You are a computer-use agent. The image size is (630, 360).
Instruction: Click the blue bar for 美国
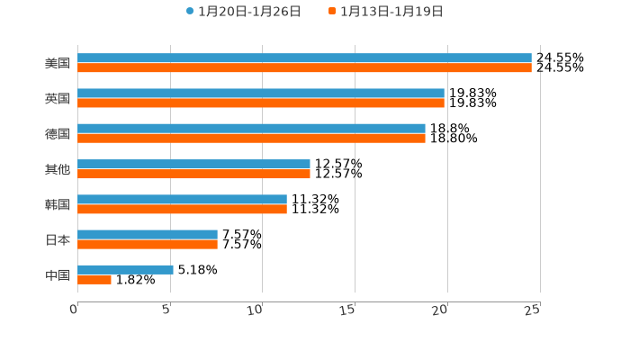coord(304,58)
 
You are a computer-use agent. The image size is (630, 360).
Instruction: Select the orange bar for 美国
coord(304,67)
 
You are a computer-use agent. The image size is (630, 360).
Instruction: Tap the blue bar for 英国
coord(261,93)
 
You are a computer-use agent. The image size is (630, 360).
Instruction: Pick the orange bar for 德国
coord(251,139)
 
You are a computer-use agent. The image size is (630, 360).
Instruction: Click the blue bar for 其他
coord(193,164)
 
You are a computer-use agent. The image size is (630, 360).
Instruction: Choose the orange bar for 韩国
coord(182,209)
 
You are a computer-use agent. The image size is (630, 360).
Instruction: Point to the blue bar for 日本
coord(148,234)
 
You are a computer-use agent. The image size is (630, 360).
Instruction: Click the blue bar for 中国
coord(125,269)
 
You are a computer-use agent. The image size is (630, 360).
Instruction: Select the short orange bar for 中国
coord(94,280)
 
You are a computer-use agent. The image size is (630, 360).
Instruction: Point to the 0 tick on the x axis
coord(75,310)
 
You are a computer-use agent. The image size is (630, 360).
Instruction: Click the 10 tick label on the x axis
coord(256,310)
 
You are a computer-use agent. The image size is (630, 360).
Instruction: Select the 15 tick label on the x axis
coord(348,310)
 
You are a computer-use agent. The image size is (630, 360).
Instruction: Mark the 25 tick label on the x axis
coord(533,310)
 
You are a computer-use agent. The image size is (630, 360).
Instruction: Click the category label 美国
coord(58,63)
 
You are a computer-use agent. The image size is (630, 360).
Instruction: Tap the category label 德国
coord(58,133)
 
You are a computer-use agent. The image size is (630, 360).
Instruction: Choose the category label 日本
coord(58,239)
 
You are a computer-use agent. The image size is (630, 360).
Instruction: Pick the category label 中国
coord(58,274)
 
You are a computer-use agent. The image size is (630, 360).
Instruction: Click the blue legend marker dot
coord(190,12)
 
